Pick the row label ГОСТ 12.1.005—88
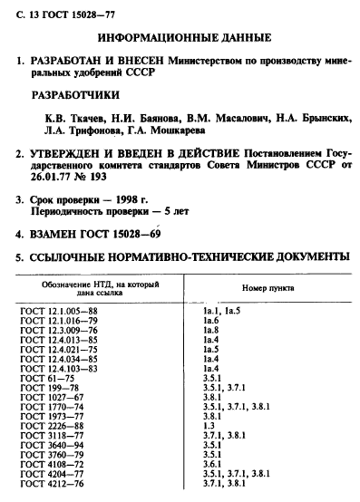tap(59, 311)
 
